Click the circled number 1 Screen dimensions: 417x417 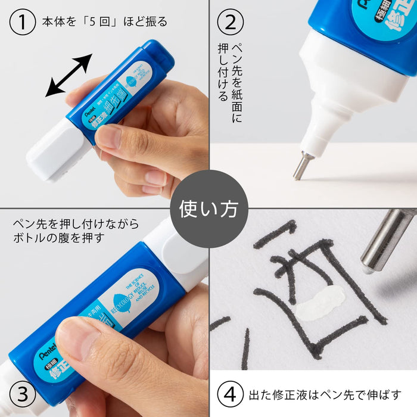tap(23, 22)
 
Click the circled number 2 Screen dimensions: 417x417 tap(231, 22)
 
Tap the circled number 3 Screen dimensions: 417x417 tap(23, 394)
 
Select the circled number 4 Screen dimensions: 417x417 tap(231, 394)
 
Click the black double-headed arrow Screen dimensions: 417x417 tap(69, 75)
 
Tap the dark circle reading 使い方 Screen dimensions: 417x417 tap(208, 208)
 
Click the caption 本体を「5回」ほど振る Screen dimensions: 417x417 tap(104, 22)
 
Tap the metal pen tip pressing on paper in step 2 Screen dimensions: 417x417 tap(301, 166)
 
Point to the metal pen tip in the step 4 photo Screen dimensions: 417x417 tap(385, 241)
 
